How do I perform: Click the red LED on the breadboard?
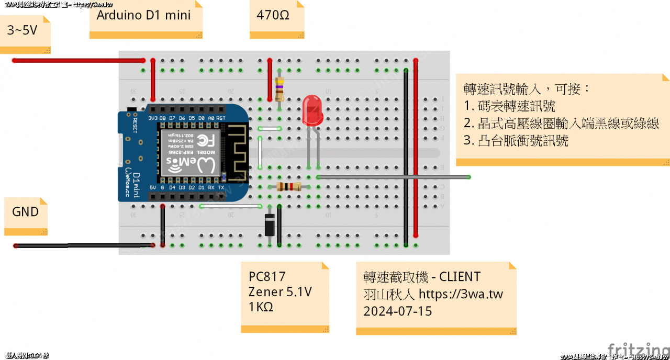click(x=313, y=110)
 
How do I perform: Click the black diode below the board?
click(x=270, y=226)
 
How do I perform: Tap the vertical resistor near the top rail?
click(x=280, y=88)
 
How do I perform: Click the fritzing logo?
click(x=638, y=349)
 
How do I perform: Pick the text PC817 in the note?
click(x=267, y=277)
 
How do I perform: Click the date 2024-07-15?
click(x=398, y=311)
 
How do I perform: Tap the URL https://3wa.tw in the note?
click(x=461, y=294)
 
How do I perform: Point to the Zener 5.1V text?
click(x=280, y=292)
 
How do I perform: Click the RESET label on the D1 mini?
click(x=135, y=126)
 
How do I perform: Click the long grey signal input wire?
click(x=393, y=177)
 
